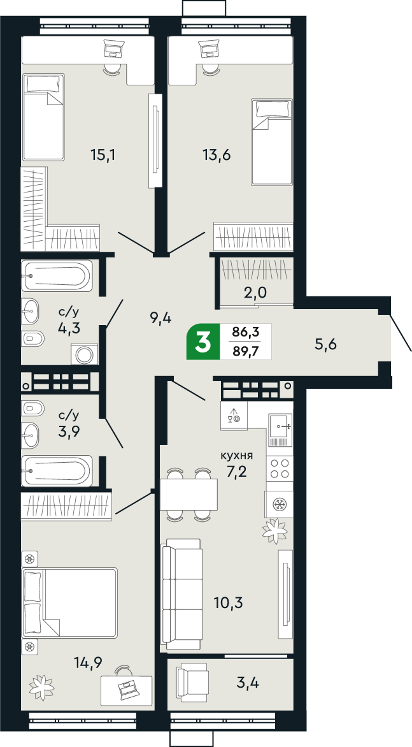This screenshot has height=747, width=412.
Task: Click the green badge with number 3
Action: click(203, 342)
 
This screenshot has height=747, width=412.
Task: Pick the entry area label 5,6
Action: click(325, 344)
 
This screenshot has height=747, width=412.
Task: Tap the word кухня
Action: click(237, 456)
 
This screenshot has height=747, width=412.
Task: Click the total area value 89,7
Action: click(245, 350)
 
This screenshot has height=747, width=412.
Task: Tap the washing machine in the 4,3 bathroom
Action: click(83, 354)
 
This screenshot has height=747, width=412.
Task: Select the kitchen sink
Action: click(280, 426)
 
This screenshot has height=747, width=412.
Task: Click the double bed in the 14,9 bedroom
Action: click(70, 602)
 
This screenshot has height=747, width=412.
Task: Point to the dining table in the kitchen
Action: click(188, 495)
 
